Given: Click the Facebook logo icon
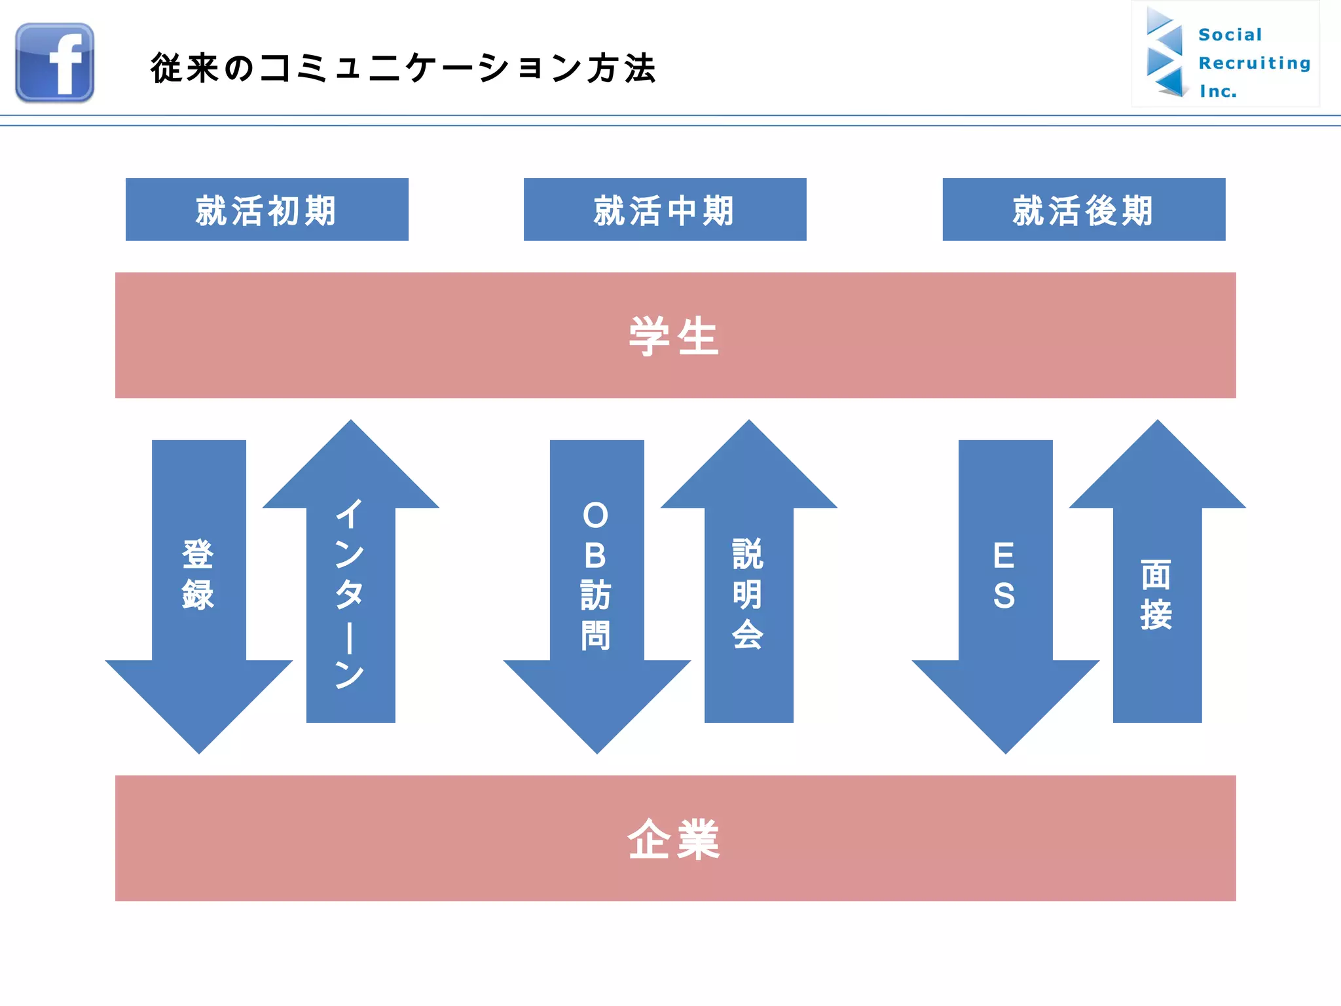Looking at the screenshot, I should [x=55, y=63].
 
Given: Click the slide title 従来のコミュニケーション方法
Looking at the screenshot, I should [x=403, y=68].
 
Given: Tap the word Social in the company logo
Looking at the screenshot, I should [x=1230, y=35].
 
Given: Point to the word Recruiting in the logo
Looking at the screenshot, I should [x=1254, y=63].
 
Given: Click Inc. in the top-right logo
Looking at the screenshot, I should [x=1218, y=91].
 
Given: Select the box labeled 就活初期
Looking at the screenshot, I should [x=266, y=210].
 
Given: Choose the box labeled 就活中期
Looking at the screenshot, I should [x=665, y=210].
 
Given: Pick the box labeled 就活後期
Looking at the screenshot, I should [x=1084, y=210].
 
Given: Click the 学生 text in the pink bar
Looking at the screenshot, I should [x=674, y=336].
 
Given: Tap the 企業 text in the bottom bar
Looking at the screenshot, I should [x=674, y=839].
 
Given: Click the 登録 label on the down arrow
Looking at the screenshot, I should [x=198, y=575].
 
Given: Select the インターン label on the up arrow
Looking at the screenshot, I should [x=350, y=593].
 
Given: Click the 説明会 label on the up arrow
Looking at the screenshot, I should [x=748, y=593].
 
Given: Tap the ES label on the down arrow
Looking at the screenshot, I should [x=1004, y=575].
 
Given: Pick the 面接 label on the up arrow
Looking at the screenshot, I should [x=1156, y=595].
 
